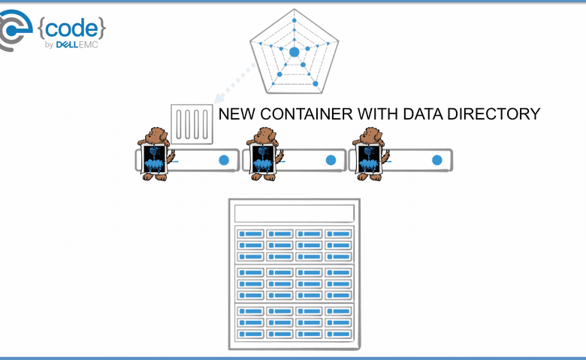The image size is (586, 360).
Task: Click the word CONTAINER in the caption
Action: pyautogui.click(x=306, y=114)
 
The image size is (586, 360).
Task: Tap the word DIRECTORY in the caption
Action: pyautogui.click(x=494, y=114)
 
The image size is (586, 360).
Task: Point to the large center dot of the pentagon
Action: pyautogui.click(x=294, y=52)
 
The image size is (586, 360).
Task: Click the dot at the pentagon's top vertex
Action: pyautogui.click(x=294, y=20)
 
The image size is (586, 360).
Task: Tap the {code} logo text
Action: pyautogui.click(x=72, y=29)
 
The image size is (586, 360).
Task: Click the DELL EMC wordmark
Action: pyautogui.click(x=77, y=45)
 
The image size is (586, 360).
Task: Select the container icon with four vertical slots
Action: pyautogui.click(x=192, y=124)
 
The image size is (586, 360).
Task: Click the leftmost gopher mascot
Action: pyautogui.click(x=155, y=154)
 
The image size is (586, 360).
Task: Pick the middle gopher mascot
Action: pyautogui.click(x=264, y=154)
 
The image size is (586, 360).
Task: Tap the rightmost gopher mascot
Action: pyautogui.click(x=370, y=154)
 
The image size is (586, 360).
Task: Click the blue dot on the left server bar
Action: pyautogui.click(x=224, y=160)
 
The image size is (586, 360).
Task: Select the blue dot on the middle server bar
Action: pyautogui.click(x=331, y=160)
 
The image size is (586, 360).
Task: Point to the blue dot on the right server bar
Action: pyautogui.click(x=437, y=160)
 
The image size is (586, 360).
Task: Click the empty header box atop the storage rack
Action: pyautogui.click(x=294, y=213)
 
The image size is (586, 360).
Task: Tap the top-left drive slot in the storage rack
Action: pyautogui.click(x=250, y=234)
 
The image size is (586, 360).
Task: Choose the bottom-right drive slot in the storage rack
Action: pyautogui.click(x=338, y=334)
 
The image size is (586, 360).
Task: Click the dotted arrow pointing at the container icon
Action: pyautogui.click(x=234, y=83)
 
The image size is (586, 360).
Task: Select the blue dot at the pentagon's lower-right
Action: pyautogui.click(x=316, y=83)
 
